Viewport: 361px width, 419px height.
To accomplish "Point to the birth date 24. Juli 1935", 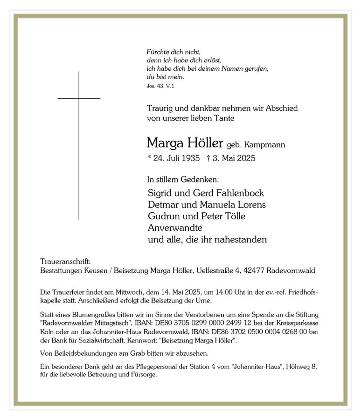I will pos(175,159).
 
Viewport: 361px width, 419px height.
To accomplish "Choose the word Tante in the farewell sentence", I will pos(223,118).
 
